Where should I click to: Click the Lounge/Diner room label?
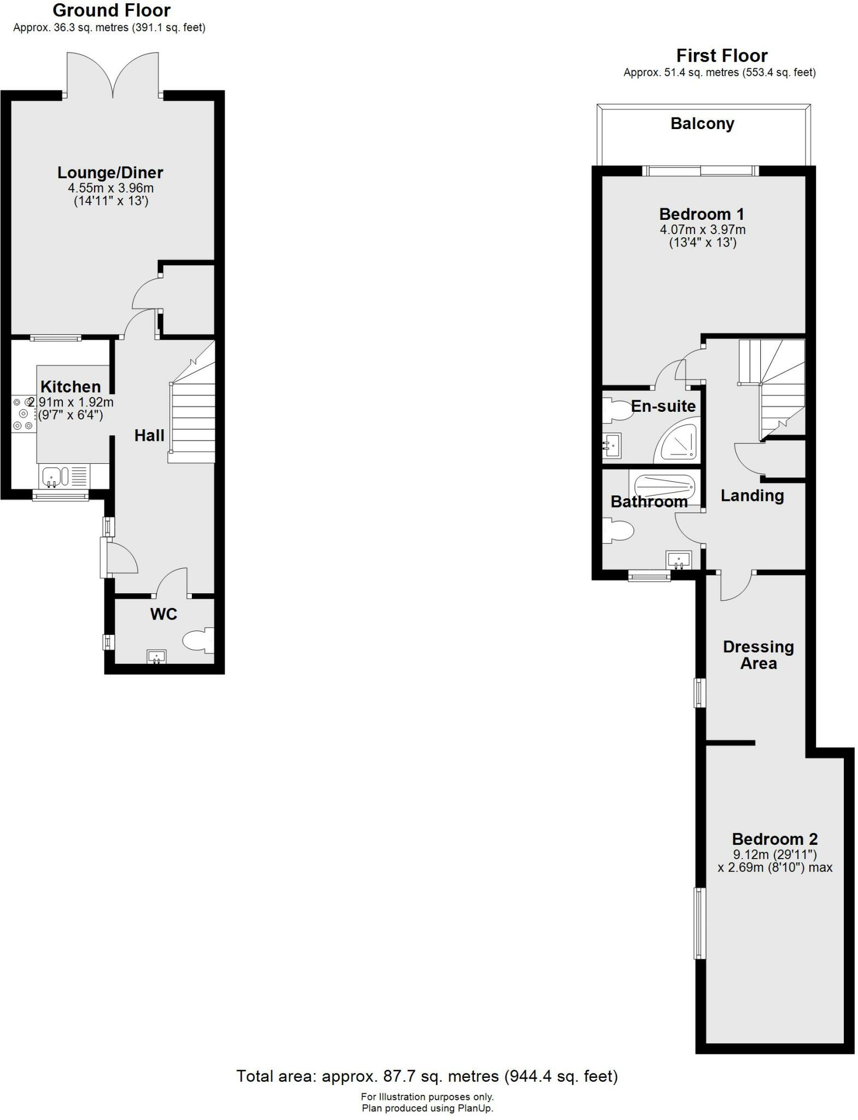pyautogui.click(x=110, y=173)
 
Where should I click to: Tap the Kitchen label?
pyautogui.click(x=70, y=387)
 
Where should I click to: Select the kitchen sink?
pyautogui.click(x=52, y=476)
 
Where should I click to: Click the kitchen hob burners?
pyautogui.click(x=23, y=414)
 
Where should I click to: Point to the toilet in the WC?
pyautogui.click(x=197, y=640)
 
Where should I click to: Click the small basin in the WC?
pyautogui.click(x=157, y=656)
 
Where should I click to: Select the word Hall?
pyautogui.click(x=149, y=435)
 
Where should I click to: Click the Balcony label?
pyautogui.click(x=702, y=124)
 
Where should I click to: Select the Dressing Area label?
pyautogui.click(x=758, y=655)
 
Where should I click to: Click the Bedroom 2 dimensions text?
pyautogui.click(x=774, y=861)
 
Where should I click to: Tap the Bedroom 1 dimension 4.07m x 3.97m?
pyautogui.click(x=702, y=230)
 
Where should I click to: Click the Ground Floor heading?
pyautogui.click(x=111, y=10)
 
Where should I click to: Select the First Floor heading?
pyautogui.click(x=721, y=55)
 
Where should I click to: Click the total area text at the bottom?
pyautogui.click(x=427, y=1076)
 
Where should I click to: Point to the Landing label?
pyautogui.click(x=752, y=495)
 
